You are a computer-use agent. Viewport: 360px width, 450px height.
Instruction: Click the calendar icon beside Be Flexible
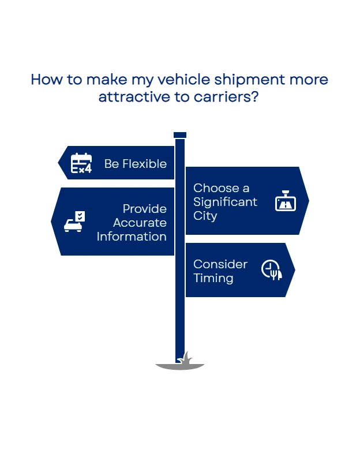click(81, 163)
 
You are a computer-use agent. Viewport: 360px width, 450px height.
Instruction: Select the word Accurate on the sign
click(140, 223)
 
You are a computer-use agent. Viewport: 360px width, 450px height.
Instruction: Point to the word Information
click(132, 237)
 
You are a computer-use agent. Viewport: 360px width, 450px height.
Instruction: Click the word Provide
click(144, 209)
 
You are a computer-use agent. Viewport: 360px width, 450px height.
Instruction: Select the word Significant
click(225, 202)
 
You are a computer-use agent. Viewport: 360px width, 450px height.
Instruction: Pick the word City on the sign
click(205, 216)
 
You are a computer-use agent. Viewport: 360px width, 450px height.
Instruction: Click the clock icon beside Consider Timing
click(272, 270)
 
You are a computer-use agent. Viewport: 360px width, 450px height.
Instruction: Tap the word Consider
click(220, 264)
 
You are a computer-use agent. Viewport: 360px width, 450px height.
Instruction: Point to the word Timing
click(213, 278)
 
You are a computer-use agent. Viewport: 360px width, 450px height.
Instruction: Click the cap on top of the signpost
click(180, 134)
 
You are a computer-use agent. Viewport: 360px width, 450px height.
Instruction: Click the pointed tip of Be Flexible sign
click(59, 163)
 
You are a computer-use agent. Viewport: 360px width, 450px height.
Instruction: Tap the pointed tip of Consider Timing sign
click(294, 270)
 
